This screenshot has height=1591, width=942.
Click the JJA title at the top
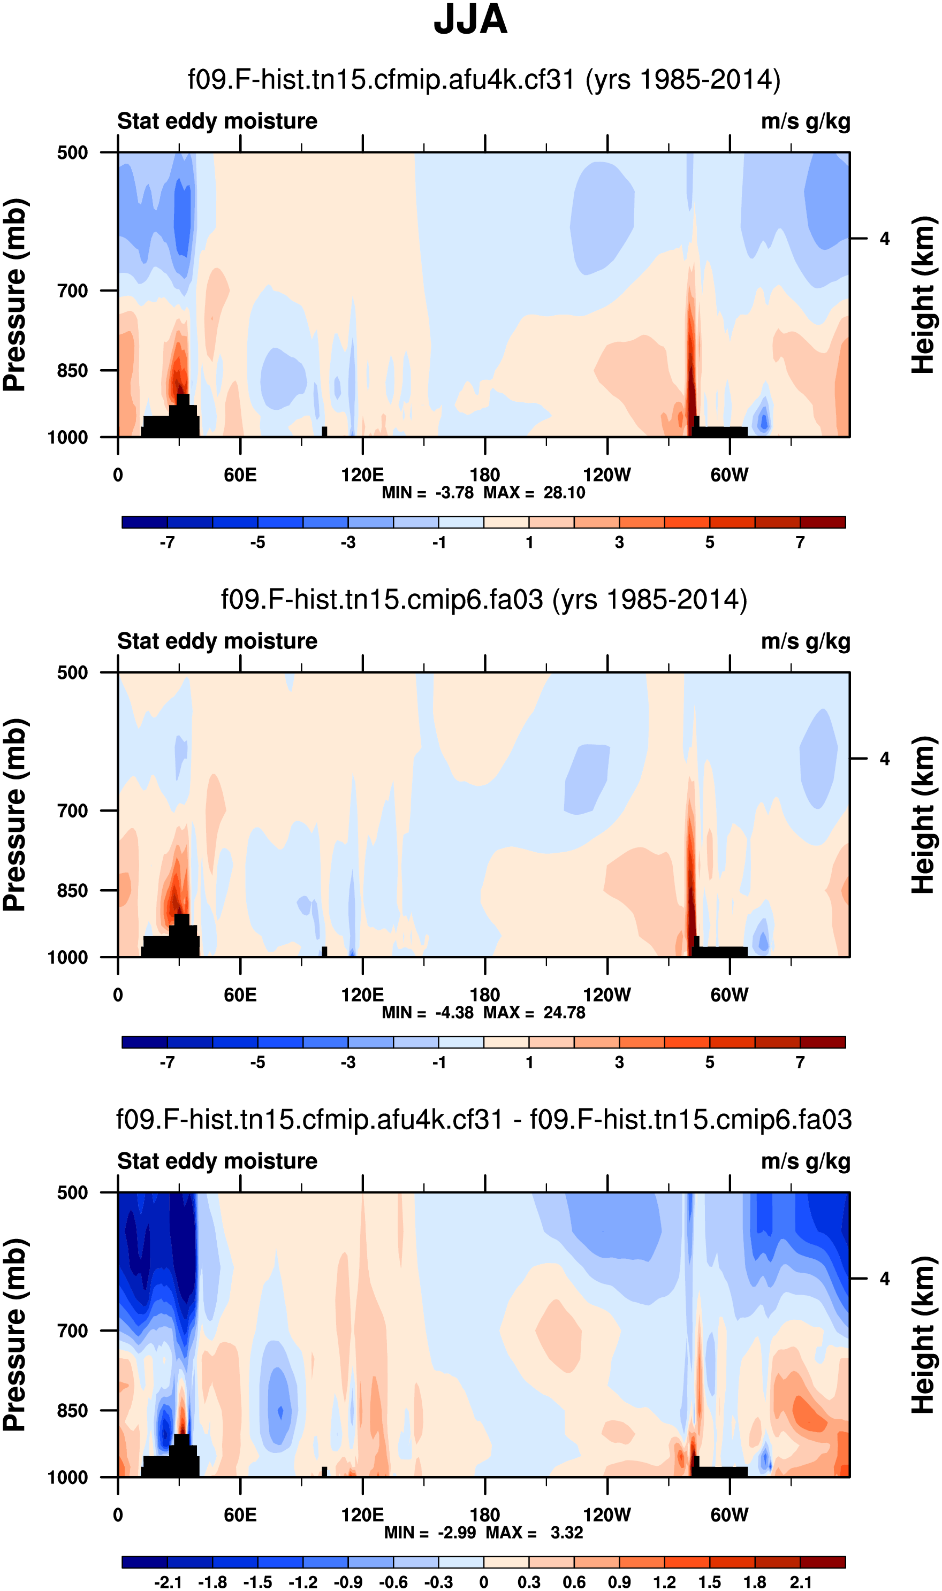point(470,20)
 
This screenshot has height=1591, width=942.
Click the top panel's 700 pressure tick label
point(72,291)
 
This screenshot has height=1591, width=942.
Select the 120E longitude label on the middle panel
point(362,995)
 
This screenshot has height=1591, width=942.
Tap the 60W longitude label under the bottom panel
point(730,1515)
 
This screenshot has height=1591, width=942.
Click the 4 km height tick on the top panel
point(884,239)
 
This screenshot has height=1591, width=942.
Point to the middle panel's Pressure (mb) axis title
point(15,815)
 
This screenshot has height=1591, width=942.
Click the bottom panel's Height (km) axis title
point(924,1335)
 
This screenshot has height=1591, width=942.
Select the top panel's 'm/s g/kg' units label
point(805,121)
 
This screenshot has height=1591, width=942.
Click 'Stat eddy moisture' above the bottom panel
point(217,1161)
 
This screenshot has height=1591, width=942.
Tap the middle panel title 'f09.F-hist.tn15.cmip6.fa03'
point(484,600)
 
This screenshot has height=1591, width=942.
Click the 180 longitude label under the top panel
point(485,475)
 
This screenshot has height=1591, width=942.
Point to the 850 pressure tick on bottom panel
point(72,1410)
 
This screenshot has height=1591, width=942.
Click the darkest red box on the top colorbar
point(823,522)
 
